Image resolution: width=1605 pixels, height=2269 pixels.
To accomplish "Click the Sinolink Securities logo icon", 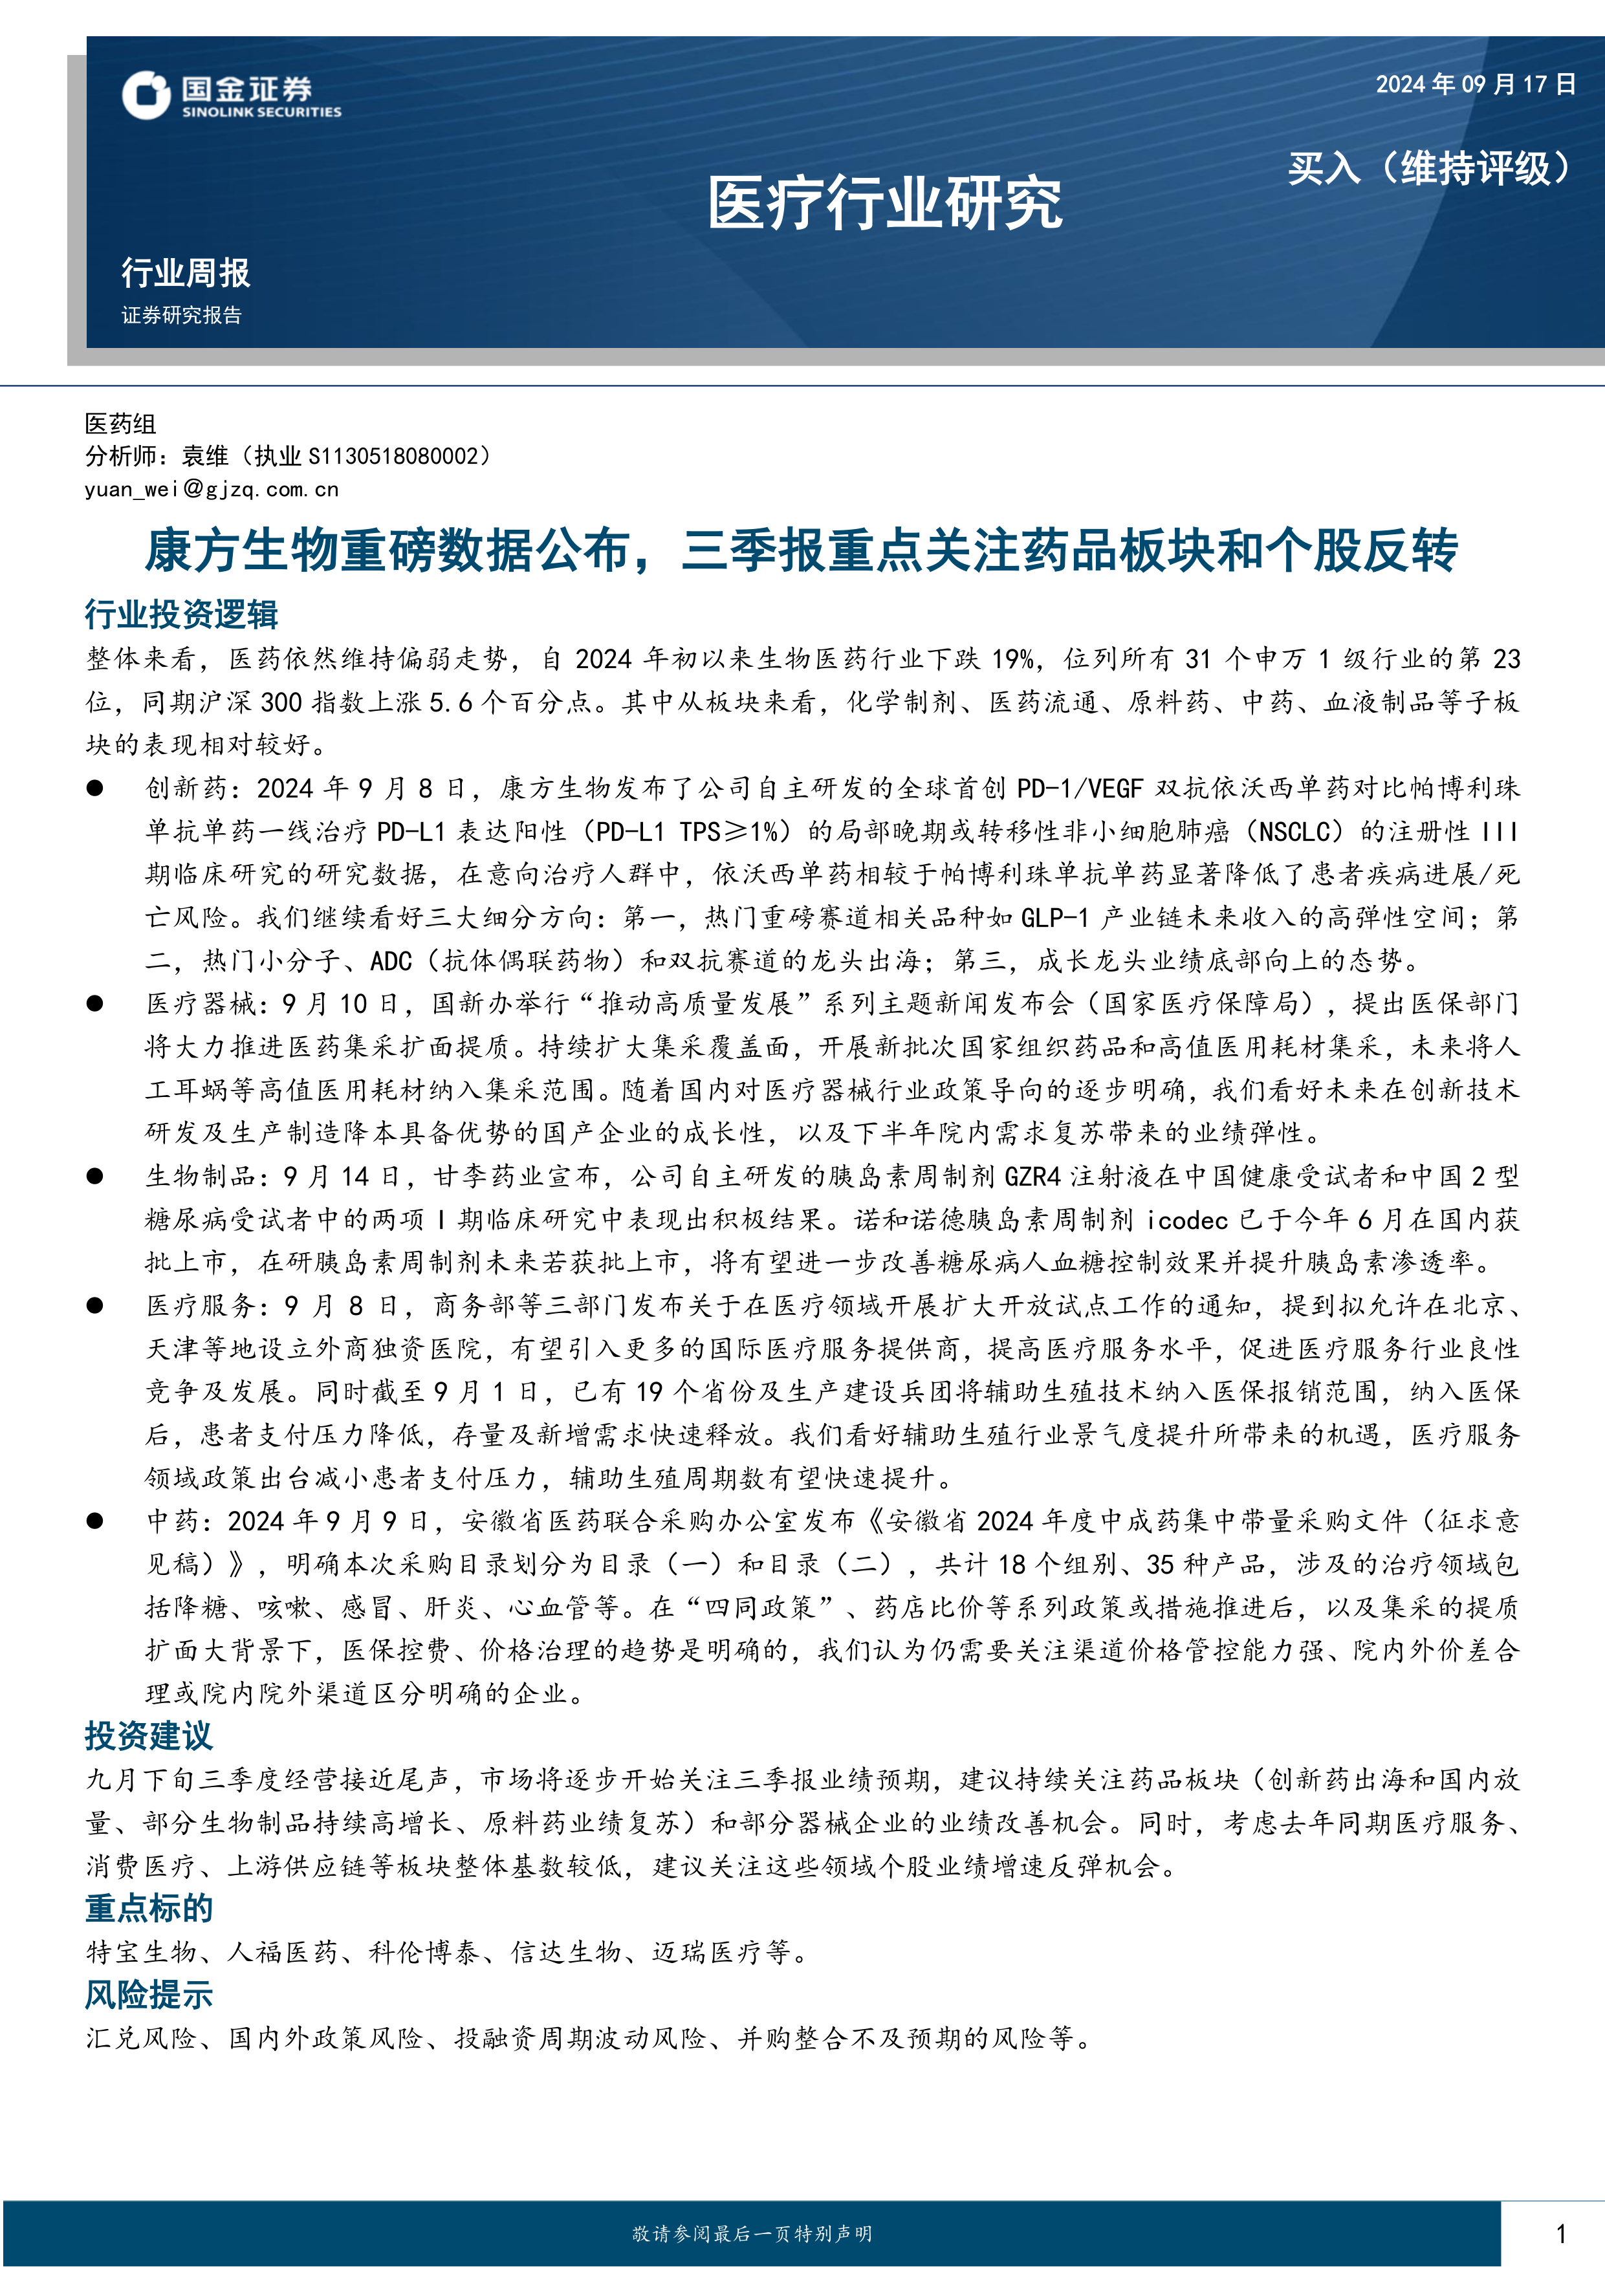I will pos(146,96).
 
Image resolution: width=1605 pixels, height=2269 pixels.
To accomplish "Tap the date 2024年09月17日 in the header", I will pos(1476,84).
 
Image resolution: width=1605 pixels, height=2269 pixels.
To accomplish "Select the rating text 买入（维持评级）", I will pos(1428,168).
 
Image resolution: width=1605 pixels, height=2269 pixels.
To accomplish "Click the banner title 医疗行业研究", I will pos(884,204).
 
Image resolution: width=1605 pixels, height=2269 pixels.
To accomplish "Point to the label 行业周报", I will pos(186,273).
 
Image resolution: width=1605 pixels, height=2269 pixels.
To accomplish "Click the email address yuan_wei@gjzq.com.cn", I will pos(212,489).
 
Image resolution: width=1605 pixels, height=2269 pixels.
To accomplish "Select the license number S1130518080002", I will pos(393,457).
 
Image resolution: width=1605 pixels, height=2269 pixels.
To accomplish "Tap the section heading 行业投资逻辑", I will pos(181,614).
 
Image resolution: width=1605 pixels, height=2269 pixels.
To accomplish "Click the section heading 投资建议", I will pos(148,1735).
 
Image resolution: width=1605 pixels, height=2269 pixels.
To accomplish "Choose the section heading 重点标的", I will pos(148,1908).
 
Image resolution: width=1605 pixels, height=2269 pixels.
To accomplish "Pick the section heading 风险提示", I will pos(148,1994).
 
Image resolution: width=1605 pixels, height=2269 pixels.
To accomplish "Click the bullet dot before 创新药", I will pos(95,788).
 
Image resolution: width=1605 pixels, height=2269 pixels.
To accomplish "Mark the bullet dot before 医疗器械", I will pos(95,1003).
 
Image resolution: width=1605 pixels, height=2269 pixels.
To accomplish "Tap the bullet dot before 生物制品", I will pos(95,1176).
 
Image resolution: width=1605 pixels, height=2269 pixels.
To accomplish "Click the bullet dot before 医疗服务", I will pos(95,1305).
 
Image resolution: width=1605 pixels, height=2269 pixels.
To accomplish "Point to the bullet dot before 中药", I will pos(95,1521).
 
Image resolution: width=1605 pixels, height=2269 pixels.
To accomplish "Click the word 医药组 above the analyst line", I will pos(120,424).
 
